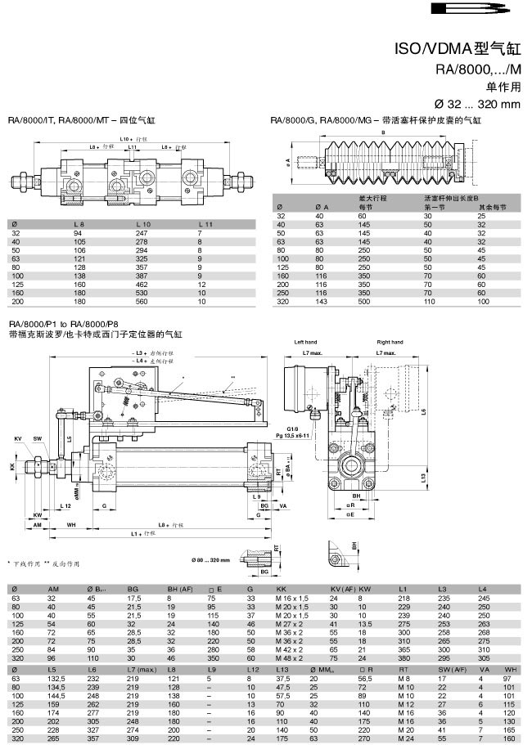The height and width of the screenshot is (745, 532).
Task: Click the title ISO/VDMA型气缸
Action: [458, 48]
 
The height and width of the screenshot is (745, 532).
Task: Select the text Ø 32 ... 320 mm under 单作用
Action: [479, 104]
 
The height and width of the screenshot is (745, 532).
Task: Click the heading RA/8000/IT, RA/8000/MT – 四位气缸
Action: [82, 120]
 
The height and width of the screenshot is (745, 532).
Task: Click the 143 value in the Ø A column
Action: [321, 300]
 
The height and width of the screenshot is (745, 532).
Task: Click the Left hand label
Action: [304, 342]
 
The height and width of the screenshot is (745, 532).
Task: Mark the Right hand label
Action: [387, 342]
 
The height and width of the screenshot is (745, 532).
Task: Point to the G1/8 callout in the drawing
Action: [292, 427]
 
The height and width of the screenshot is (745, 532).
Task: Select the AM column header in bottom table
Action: [53, 589]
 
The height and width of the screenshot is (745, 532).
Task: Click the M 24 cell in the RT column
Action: [404, 738]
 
